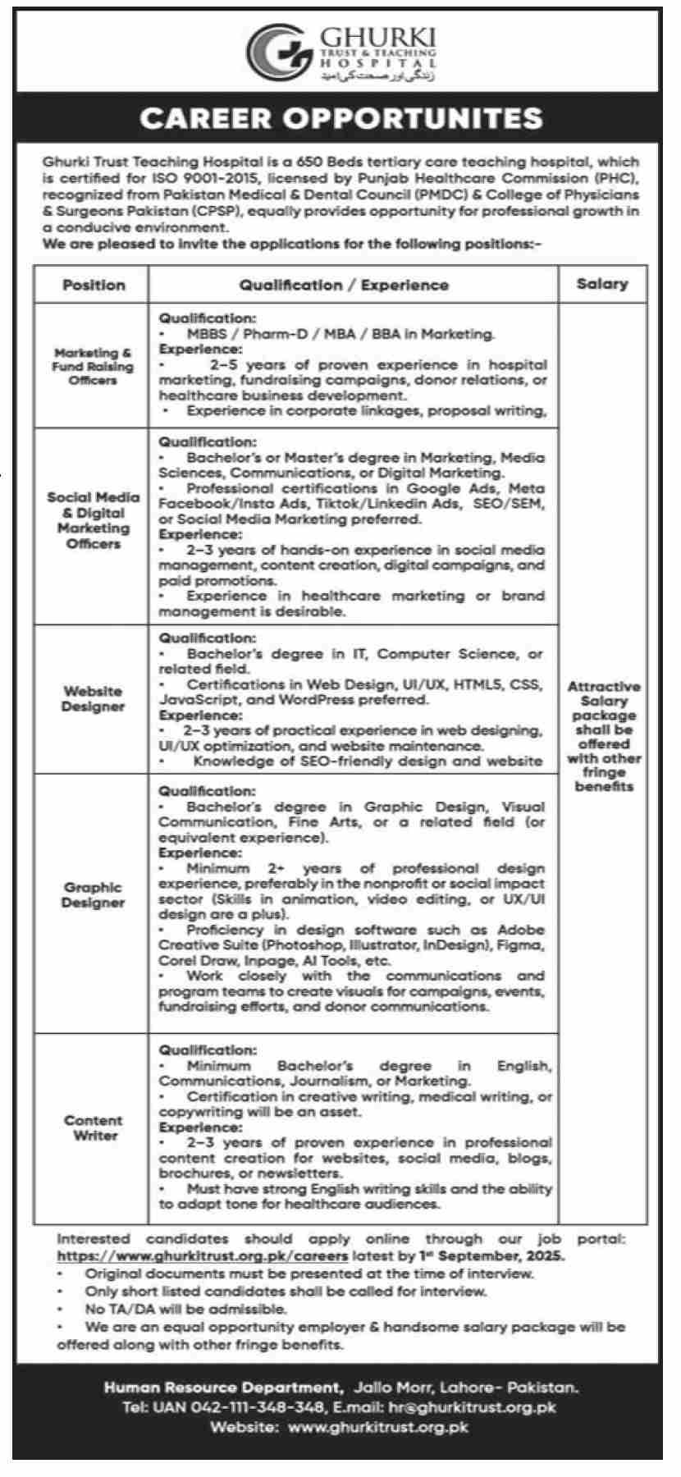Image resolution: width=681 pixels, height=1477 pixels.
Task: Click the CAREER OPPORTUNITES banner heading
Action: tap(340, 119)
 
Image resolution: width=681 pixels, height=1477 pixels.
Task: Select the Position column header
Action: tap(94, 286)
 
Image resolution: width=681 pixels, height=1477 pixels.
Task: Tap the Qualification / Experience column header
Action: tap(344, 286)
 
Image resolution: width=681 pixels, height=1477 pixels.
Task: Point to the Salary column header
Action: tap(601, 284)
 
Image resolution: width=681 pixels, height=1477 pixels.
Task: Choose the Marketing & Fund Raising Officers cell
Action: tap(93, 366)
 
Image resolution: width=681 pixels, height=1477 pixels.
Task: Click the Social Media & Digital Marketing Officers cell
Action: tap(93, 520)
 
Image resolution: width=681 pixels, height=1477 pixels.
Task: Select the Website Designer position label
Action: tap(93, 698)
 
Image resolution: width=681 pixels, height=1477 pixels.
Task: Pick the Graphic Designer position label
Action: tap(93, 894)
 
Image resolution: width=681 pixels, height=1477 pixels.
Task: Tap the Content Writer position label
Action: tap(94, 1127)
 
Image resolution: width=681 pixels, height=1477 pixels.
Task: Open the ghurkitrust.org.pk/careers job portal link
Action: tap(203, 1255)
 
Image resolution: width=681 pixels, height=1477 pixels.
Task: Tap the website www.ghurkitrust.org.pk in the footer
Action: tap(378, 1427)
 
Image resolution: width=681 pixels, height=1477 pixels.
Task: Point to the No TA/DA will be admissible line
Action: tap(185, 1310)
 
